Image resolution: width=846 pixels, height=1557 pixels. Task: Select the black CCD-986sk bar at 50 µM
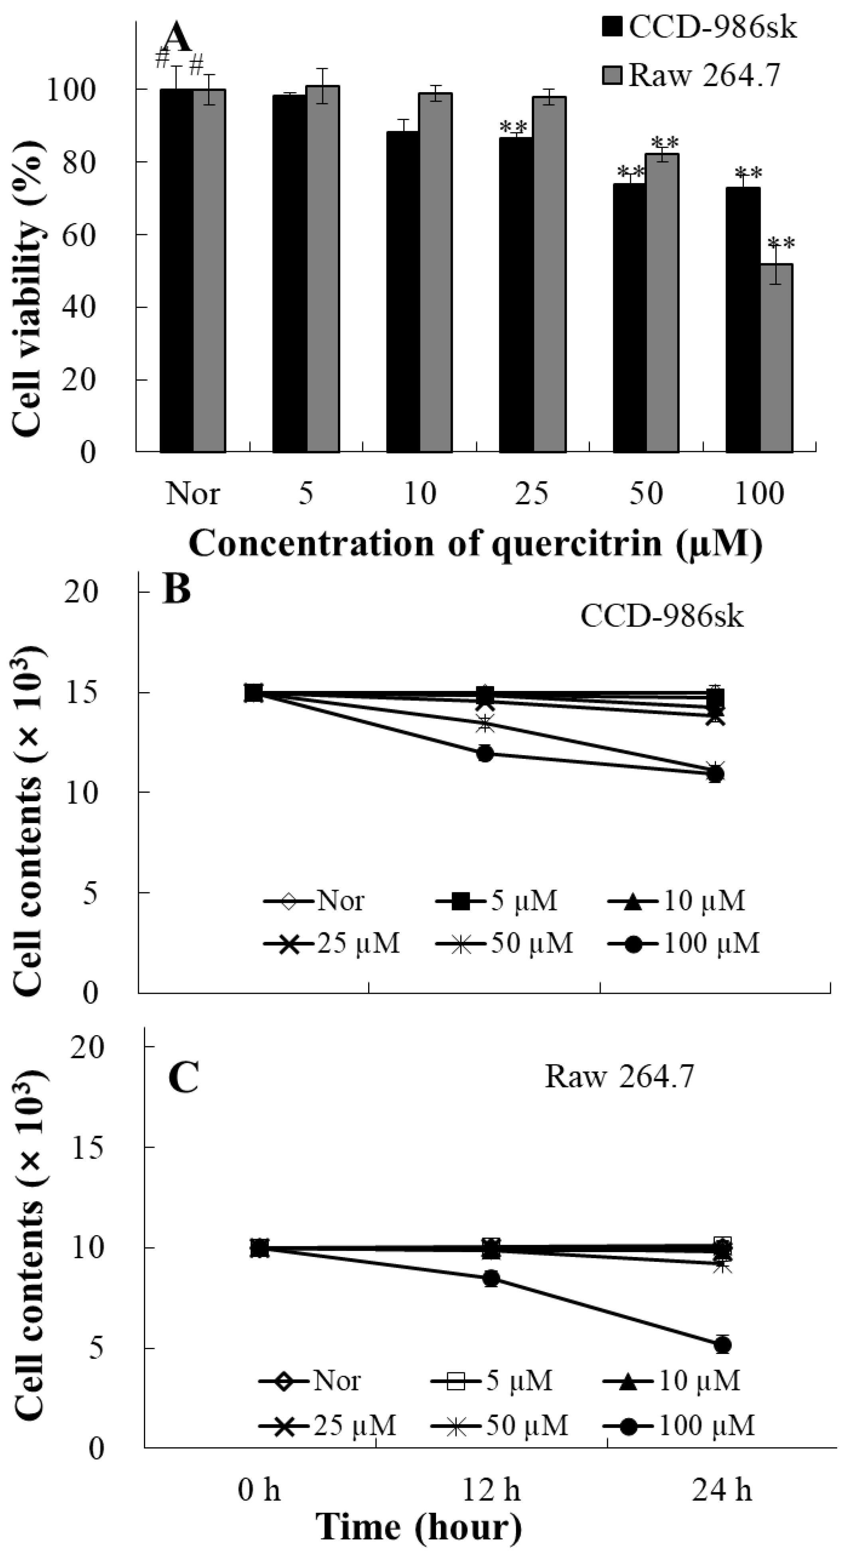[x=629, y=317]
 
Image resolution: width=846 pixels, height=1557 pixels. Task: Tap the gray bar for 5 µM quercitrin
[x=323, y=269]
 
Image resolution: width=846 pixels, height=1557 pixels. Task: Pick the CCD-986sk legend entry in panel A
[x=700, y=27]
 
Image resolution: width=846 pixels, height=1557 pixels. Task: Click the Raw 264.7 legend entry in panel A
[x=692, y=75]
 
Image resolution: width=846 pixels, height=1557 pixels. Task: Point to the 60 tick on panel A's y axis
[x=79, y=235]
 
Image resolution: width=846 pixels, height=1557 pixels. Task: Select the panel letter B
[x=176, y=589]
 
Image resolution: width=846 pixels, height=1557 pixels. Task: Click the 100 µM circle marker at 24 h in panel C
[x=723, y=1345]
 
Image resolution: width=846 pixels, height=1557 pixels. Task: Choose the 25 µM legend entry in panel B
[x=332, y=943]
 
